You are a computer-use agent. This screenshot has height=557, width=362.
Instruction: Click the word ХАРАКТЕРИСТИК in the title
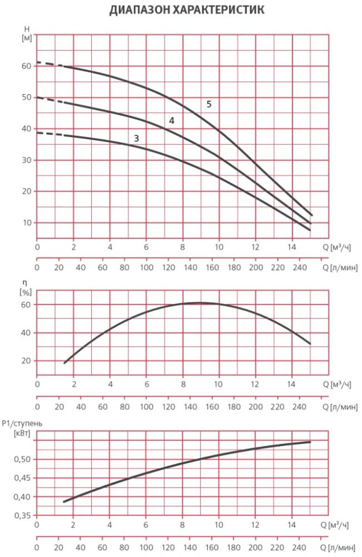(x=217, y=10)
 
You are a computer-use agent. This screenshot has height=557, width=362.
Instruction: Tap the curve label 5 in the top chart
(x=209, y=104)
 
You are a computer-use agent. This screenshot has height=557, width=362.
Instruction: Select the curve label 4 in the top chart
(x=172, y=121)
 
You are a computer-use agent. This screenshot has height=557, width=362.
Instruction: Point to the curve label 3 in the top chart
(x=136, y=138)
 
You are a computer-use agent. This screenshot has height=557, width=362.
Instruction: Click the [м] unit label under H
(x=26, y=38)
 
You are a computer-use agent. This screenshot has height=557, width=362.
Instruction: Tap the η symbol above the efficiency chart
(x=24, y=282)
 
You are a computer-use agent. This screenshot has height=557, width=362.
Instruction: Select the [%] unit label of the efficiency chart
(x=25, y=291)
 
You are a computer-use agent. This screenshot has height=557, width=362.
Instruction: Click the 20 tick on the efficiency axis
(x=26, y=360)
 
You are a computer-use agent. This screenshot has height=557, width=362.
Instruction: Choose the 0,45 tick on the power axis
(x=22, y=478)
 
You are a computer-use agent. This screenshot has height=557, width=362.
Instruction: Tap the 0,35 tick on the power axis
(x=22, y=516)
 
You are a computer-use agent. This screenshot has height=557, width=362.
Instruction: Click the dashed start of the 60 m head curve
(x=47, y=64)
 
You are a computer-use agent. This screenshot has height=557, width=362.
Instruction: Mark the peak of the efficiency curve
(x=200, y=303)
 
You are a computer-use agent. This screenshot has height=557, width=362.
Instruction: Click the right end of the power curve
(x=310, y=442)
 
